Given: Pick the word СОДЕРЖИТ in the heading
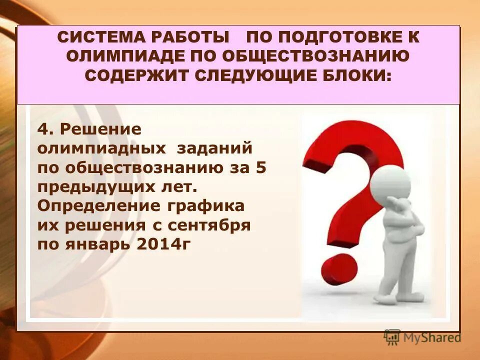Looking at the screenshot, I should pyautogui.click(x=138, y=76).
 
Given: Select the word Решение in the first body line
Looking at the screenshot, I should pyautogui.click(x=100, y=129).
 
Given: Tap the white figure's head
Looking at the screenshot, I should pyautogui.click(x=390, y=183).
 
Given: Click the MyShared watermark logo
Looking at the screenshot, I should pyautogui.click(x=422, y=337).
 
